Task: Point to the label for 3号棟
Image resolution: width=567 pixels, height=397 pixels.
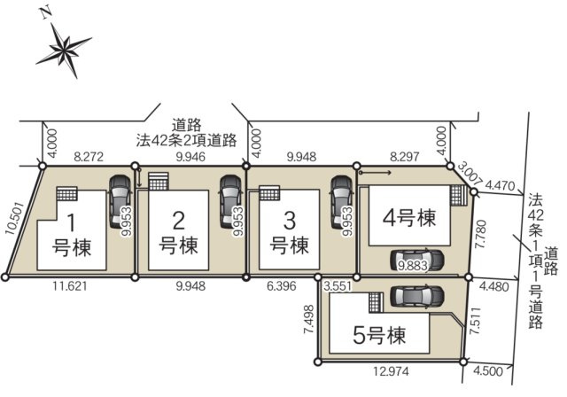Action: click(289, 232)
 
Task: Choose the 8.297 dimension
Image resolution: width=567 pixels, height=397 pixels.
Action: click(404, 156)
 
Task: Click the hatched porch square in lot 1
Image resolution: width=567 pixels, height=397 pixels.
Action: click(68, 194)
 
